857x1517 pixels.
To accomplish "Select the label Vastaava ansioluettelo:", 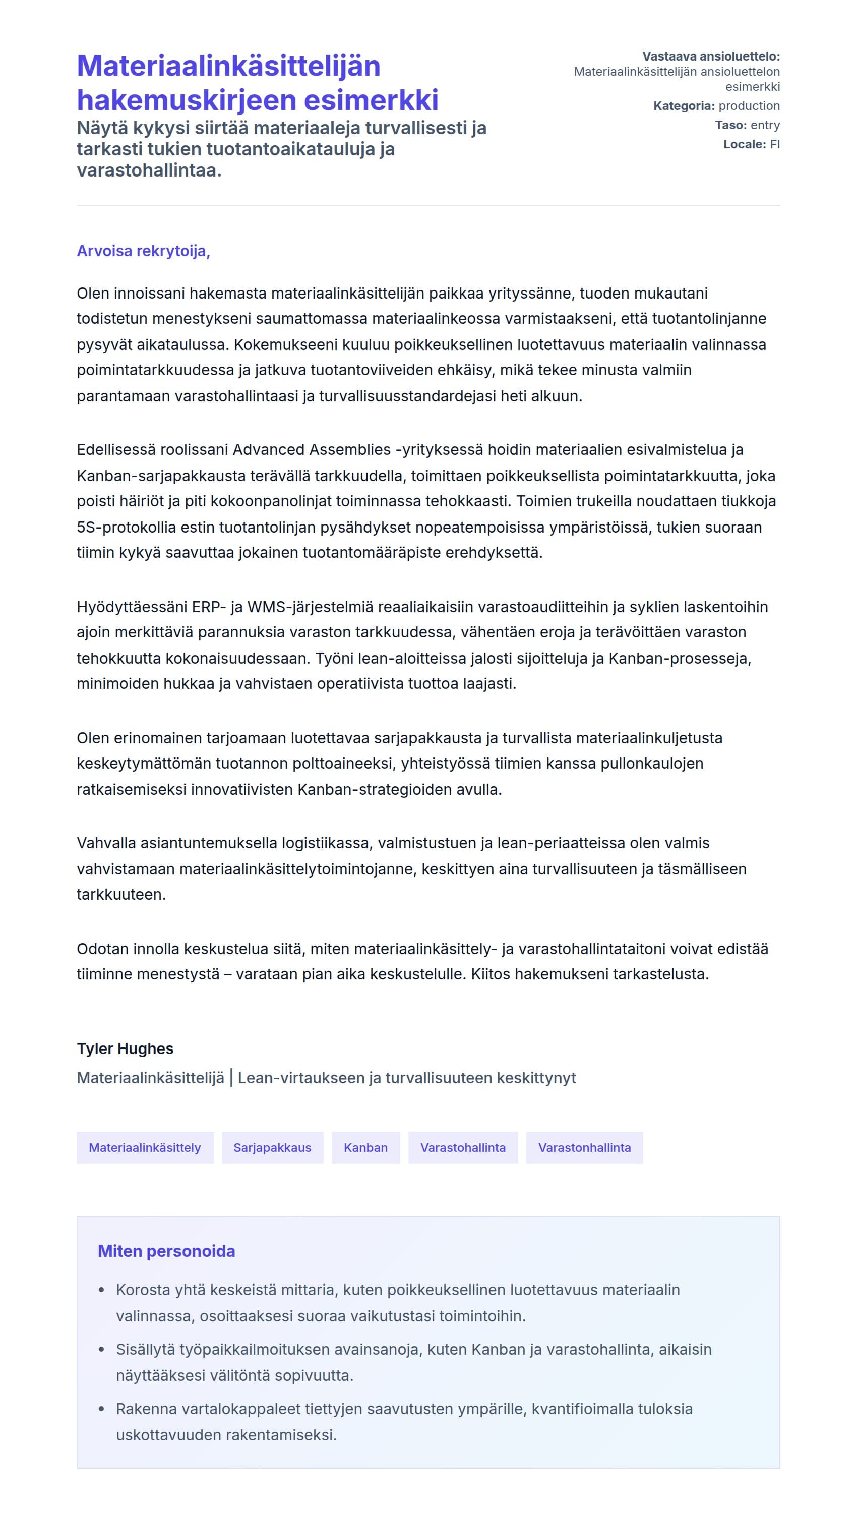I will point(710,56).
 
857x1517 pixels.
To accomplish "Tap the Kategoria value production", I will point(749,106).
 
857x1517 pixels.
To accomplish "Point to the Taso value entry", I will point(765,125).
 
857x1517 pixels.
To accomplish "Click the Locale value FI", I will point(775,144).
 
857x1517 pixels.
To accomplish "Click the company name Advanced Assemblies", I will point(312,450).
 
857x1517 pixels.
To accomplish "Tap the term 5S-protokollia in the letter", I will point(126,527).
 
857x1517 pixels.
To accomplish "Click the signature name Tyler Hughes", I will point(125,1049).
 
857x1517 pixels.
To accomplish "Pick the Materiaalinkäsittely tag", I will point(145,1148).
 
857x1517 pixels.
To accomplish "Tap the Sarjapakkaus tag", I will point(272,1148).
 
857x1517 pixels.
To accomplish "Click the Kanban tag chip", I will point(365,1148).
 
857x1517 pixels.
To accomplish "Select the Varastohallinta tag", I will point(463,1148).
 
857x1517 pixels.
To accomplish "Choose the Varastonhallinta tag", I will point(584,1148).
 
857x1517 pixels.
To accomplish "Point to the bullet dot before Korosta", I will point(101,1290).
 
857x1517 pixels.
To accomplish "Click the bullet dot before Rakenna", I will point(101,1409).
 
